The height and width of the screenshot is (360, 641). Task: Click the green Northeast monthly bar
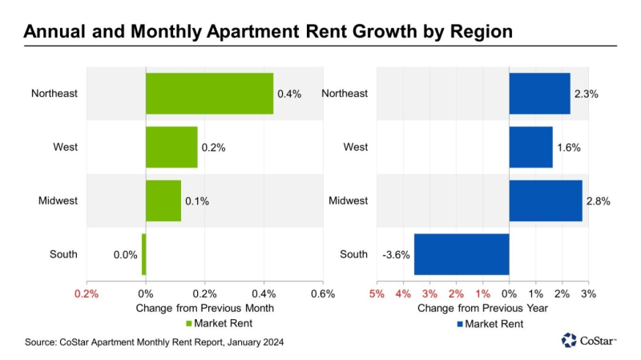[209, 93]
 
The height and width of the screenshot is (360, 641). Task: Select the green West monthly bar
[171, 148]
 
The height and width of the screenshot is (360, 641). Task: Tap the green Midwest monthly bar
[163, 200]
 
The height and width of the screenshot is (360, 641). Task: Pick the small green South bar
[143, 254]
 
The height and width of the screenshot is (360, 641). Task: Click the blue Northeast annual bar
[539, 93]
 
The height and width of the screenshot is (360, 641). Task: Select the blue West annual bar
[530, 148]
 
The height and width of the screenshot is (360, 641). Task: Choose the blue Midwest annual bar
[546, 200]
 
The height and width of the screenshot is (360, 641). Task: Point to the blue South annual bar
[462, 254]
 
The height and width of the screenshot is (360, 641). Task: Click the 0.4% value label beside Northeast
[289, 94]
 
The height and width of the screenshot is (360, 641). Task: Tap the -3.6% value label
[396, 255]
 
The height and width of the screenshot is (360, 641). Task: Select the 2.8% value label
[598, 201]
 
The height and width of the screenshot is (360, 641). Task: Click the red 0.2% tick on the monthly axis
[87, 293]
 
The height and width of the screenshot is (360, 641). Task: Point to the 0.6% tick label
[323, 293]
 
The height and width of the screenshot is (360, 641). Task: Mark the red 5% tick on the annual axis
[377, 293]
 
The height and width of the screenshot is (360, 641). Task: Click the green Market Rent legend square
[190, 324]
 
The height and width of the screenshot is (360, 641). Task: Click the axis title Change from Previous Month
[205, 308]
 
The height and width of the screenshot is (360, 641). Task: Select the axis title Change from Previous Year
[482, 308]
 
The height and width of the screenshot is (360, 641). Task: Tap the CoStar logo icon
[570, 340]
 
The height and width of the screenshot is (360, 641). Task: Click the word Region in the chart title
[479, 32]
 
